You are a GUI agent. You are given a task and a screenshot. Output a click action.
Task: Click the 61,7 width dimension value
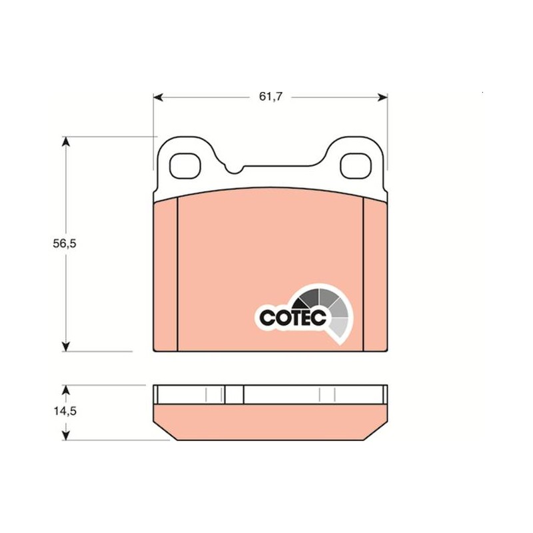pos(270,97)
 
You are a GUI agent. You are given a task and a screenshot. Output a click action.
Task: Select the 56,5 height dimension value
pos(65,243)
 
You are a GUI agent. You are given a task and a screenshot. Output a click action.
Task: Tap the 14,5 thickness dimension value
pos(65,411)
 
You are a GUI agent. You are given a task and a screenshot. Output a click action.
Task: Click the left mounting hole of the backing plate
pos(185,166)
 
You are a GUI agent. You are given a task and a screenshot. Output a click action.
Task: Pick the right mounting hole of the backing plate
pos(356,166)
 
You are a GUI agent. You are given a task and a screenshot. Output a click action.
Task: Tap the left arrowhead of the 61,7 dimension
pos(159,97)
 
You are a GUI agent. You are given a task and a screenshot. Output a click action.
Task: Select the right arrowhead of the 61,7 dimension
pos(382,97)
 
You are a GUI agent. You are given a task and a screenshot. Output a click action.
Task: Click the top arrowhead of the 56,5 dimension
pos(65,142)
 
